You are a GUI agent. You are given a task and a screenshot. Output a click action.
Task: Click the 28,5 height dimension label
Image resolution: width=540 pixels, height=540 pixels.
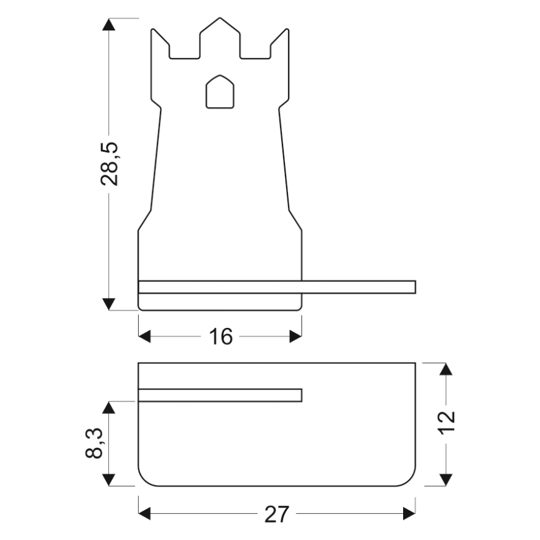[x=109, y=164]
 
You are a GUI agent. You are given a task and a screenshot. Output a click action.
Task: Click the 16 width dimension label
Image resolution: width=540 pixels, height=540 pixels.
[x=220, y=337]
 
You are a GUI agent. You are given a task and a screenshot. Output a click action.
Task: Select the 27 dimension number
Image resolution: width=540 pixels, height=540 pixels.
[x=276, y=514]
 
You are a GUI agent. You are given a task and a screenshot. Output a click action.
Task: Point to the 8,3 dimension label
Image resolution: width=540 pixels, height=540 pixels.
[x=94, y=443]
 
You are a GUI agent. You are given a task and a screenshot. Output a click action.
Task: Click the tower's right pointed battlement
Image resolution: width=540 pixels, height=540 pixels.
[x=286, y=34]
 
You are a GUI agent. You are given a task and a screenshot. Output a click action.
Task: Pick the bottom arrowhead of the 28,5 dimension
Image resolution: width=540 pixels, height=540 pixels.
[x=109, y=304]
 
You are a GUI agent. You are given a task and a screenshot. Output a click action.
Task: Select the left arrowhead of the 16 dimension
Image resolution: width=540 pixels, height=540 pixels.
[x=144, y=337]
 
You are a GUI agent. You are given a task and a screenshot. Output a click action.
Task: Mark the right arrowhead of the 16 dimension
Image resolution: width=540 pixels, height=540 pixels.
[x=296, y=337]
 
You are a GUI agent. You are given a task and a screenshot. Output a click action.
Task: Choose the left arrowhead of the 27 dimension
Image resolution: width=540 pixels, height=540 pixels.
[x=144, y=514]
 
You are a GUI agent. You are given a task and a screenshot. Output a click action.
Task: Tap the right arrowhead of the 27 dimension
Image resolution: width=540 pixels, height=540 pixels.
[x=409, y=514]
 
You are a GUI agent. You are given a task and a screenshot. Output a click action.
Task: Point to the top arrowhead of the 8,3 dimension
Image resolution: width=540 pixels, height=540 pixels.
[x=109, y=407]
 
